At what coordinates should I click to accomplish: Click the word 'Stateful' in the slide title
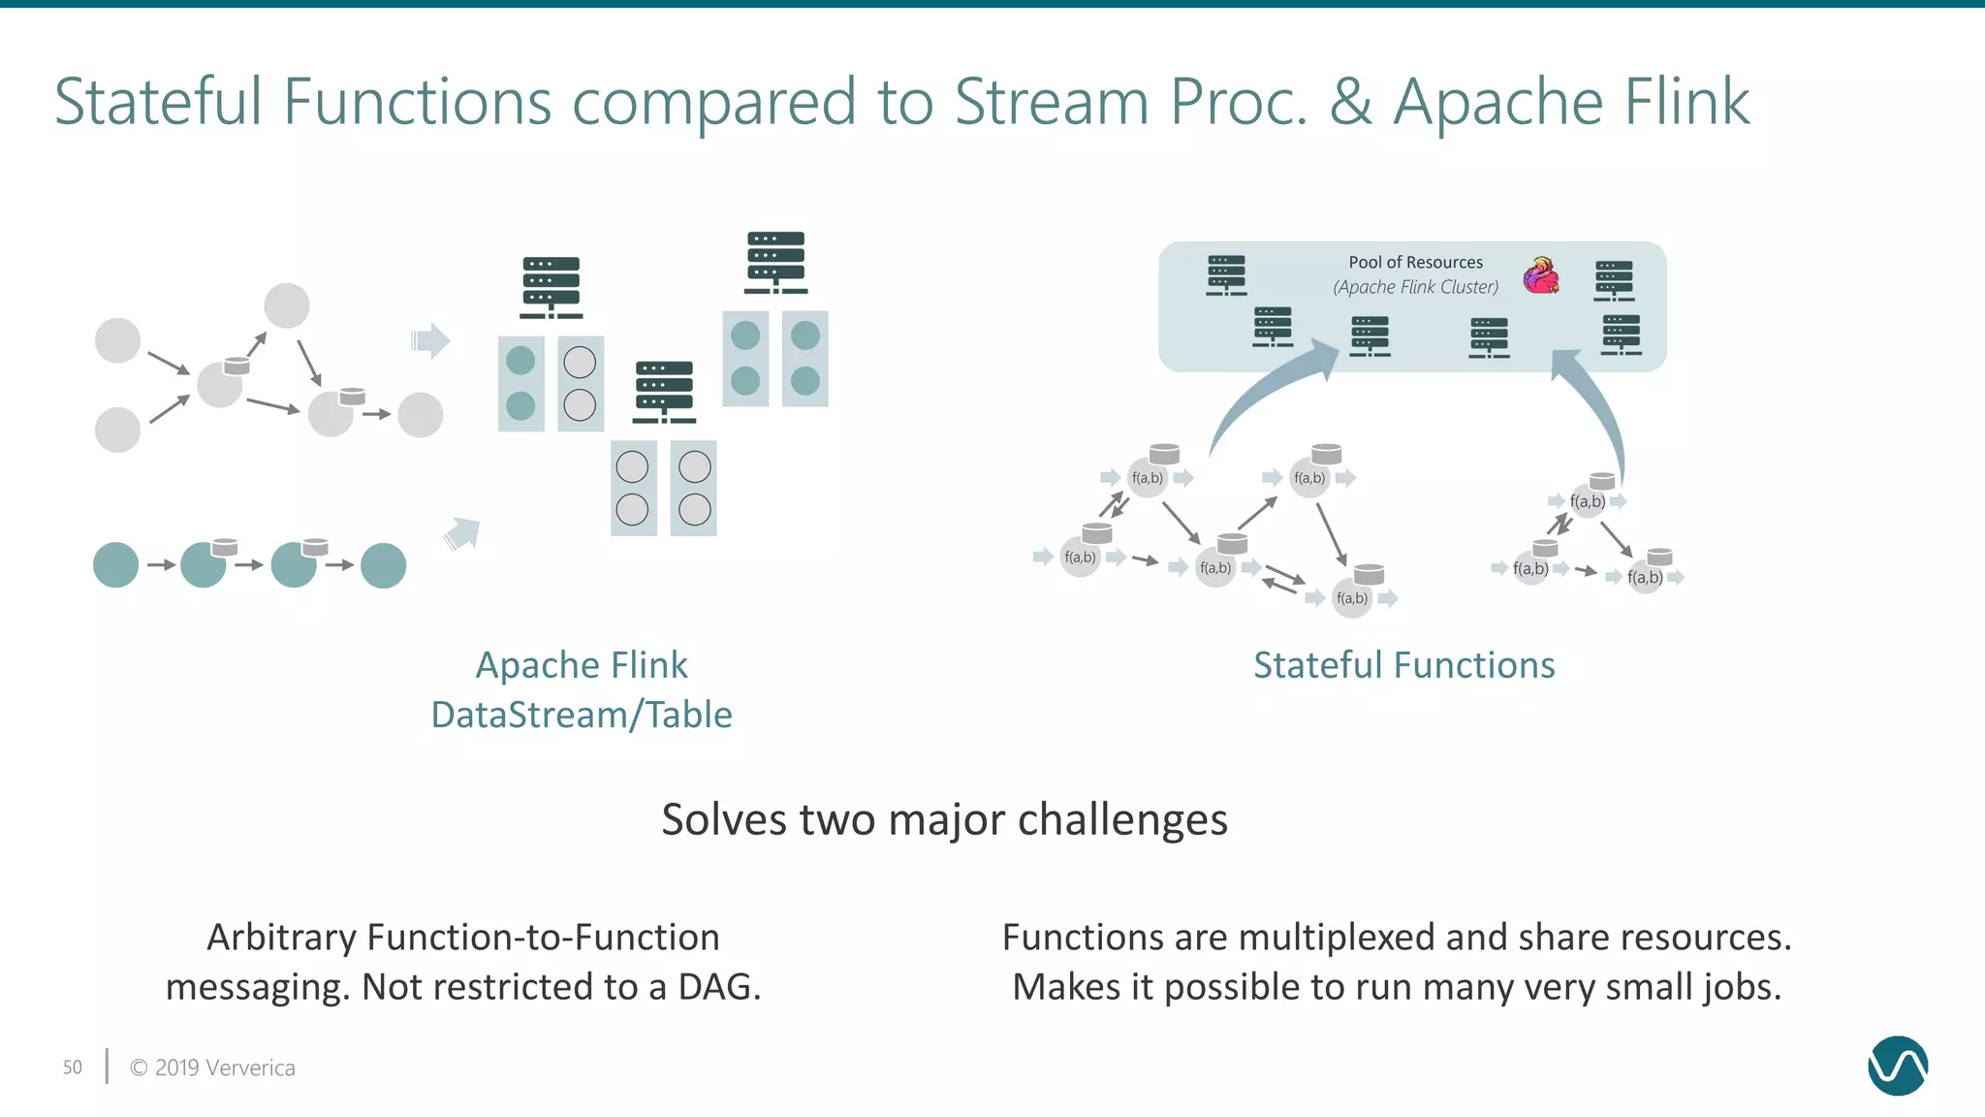click(x=158, y=101)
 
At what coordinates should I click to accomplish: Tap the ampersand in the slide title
click(x=1350, y=103)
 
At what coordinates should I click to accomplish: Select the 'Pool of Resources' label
click(x=1415, y=262)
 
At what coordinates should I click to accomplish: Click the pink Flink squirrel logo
click(x=1541, y=276)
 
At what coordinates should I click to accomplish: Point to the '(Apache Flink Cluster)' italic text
click(x=1415, y=287)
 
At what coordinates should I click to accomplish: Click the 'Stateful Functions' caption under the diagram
click(x=1403, y=665)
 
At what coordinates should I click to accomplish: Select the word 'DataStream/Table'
click(x=582, y=715)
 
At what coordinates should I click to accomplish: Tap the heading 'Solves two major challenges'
click(x=944, y=819)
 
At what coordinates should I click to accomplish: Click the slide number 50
click(x=73, y=1068)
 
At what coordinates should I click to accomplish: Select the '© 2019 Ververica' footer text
click(x=212, y=1068)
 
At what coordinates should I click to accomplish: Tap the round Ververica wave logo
click(x=1897, y=1066)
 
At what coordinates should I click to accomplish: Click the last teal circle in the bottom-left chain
click(x=383, y=565)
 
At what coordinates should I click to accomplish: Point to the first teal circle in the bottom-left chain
click(x=115, y=565)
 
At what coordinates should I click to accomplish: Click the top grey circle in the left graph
click(x=287, y=306)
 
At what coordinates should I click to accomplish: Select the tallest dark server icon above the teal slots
click(x=775, y=262)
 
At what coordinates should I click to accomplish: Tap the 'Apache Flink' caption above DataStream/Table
click(x=582, y=665)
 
